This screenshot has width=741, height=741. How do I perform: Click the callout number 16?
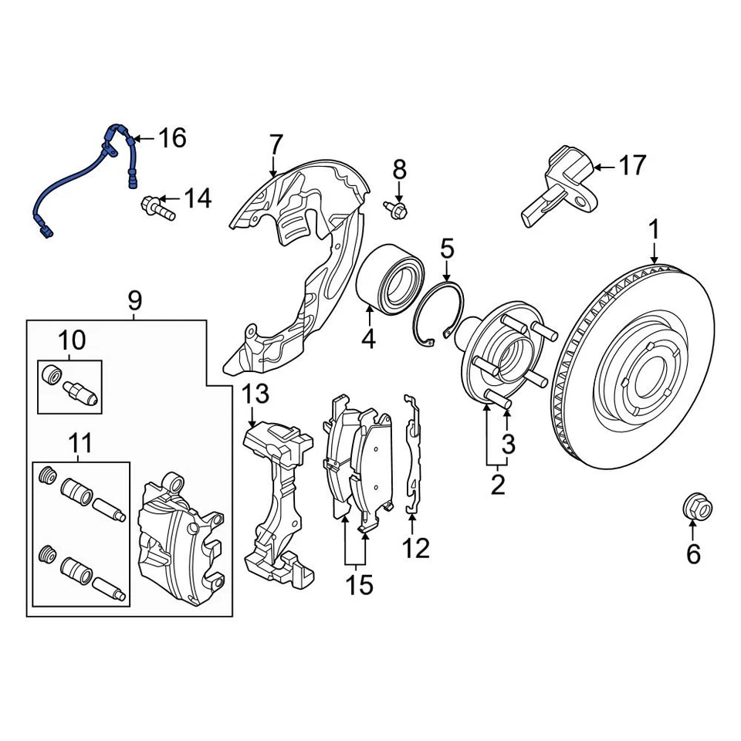(x=172, y=138)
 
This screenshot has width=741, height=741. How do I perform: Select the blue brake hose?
(x=77, y=181)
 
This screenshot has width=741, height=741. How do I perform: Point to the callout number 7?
(x=276, y=144)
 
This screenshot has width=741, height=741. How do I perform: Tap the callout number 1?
(x=654, y=229)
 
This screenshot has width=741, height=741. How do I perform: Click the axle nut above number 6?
(x=692, y=508)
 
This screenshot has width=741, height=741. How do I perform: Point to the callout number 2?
(x=497, y=485)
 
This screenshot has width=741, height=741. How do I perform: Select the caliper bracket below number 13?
(x=278, y=502)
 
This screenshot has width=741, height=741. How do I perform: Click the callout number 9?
(x=134, y=299)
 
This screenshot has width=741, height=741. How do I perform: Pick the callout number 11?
(x=80, y=443)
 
